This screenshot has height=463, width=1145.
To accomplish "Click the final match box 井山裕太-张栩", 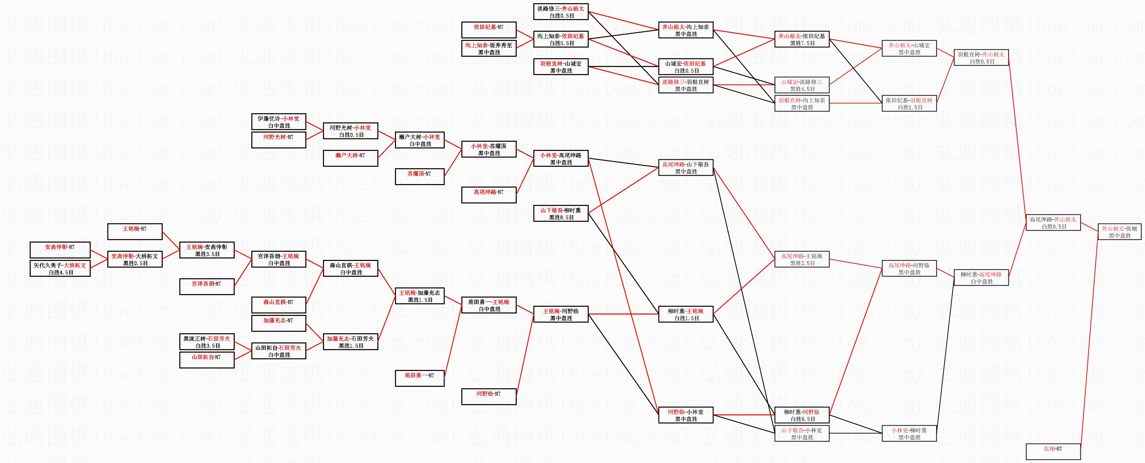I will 1119,232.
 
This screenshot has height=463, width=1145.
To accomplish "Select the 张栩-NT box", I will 1053,451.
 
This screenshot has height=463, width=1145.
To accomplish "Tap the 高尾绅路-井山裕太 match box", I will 1053,223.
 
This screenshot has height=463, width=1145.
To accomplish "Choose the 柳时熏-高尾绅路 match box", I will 981,278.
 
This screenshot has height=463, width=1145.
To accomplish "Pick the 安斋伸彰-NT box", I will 60,250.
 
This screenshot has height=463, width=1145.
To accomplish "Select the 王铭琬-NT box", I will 135,232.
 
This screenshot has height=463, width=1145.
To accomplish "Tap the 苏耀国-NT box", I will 420,177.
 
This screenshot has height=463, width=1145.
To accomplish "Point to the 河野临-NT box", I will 489,396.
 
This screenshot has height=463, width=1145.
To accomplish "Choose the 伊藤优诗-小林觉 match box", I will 279,122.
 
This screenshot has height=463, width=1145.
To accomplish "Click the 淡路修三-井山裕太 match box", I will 561,12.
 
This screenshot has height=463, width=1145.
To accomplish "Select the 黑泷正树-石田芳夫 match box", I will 207,342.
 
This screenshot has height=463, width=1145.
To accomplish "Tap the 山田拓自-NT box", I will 207,360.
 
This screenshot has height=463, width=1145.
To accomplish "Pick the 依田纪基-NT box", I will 489,30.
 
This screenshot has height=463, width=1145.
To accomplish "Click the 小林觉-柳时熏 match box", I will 909,434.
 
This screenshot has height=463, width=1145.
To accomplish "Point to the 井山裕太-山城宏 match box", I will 909,48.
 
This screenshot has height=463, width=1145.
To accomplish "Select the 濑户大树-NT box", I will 350,158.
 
